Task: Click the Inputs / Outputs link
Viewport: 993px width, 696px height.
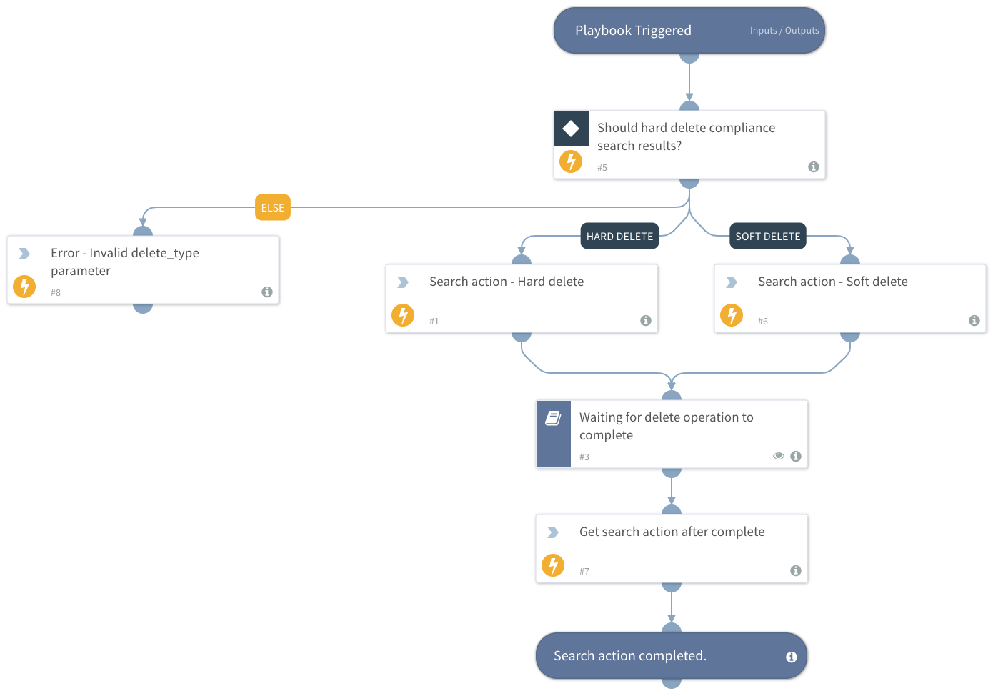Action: click(x=784, y=31)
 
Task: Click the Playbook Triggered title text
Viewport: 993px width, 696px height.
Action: click(x=633, y=31)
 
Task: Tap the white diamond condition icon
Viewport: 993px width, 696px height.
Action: click(x=571, y=129)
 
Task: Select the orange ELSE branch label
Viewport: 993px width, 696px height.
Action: click(x=273, y=208)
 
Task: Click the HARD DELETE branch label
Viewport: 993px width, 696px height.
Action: click(x=619, y=237)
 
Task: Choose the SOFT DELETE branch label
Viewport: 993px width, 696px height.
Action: click(x=767, y=237)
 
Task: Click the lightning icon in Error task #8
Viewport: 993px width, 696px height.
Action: click(x=24, y=287)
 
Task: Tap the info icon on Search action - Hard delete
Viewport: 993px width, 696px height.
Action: click(x=646, y=321)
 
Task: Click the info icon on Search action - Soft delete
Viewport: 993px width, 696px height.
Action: click(x=974, y=321)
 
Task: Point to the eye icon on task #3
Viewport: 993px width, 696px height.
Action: click(x=779, y=456)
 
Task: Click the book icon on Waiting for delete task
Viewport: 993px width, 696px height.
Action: click(x=553, y=418)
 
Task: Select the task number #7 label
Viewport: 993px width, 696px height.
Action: click(x=584, y=571)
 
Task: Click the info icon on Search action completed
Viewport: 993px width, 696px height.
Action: click(x=792, y=657)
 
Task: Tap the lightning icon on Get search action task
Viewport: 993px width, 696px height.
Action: click(x=553, y=565)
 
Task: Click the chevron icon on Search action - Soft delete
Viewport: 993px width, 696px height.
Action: click(x=732, y=282)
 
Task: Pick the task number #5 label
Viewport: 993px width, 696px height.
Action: click(x=602, y=168)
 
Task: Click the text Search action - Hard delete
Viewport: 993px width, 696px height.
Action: click(x=507, y=282)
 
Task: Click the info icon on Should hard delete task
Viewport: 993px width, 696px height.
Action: click(x=813, y=166)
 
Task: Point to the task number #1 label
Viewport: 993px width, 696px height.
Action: click(x=434, y=322)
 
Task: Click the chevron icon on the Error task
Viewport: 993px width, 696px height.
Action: click(x=24, y=254)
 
